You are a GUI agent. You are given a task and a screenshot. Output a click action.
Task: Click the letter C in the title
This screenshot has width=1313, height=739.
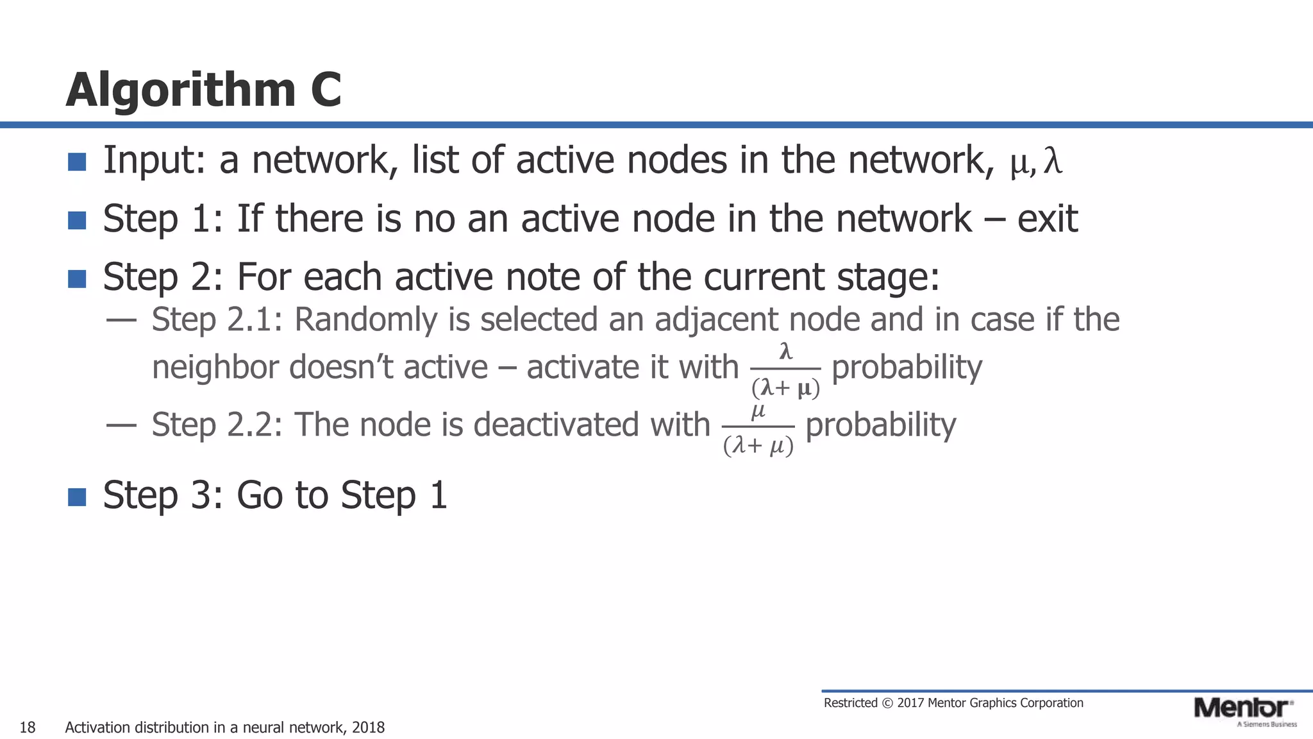coord(326,90)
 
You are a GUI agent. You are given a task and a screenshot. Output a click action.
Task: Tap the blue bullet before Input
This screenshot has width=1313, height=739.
coord(77,162)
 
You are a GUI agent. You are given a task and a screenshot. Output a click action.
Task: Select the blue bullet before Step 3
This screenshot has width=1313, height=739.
coord(77,497)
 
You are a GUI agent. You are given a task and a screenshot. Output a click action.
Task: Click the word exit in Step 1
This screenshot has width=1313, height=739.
coord(1047,219)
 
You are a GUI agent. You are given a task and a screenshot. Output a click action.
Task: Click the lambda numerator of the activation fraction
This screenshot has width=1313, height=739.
coord(785,352)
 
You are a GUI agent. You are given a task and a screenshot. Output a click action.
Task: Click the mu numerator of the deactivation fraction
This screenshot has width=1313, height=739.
coord(758,411)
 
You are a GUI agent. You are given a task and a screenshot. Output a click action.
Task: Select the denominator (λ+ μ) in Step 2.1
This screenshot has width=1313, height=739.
coord(785,388)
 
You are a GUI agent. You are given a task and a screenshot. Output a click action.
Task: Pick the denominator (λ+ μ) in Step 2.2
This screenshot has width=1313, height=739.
coord(758,445)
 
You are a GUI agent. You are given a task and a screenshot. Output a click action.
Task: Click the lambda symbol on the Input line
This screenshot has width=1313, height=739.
coord(1053,160)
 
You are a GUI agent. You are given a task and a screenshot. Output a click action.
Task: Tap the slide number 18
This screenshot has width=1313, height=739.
coord(28,727)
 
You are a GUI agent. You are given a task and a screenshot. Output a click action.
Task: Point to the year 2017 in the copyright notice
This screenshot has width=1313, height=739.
coord(910,703)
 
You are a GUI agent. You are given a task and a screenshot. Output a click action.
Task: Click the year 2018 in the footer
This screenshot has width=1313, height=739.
coord(368,727)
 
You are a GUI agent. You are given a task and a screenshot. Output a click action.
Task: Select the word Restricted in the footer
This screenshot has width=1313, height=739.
coord(850,703)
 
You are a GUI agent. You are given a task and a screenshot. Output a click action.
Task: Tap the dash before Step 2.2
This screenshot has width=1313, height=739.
coord(121,425)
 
